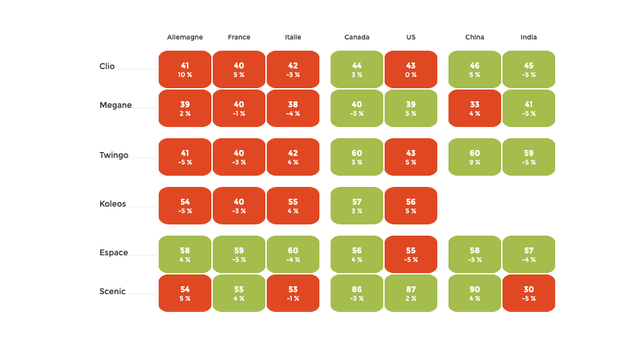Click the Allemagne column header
coord(185,38)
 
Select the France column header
coord(239,38)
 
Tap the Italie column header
coord(293,38)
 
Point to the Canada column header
coord(357,38)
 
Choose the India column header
coord(529,38)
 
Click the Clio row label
coord(107,66)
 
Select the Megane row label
coord(115,105)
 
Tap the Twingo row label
coord(114,155)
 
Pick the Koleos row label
coord(113,204)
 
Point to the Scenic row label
coord(113,292)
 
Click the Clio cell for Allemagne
coord(185,69)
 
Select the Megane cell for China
coord(475,108)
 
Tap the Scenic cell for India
coord(529,293)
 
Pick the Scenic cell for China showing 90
coord(475,293)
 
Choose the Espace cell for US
coord(411,254)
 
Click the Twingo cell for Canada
coord(357,157)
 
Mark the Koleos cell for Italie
coord(293,205)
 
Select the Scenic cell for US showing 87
coord(411,293)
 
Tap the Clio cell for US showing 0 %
coord(411,69)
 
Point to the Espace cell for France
coord(239,254)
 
